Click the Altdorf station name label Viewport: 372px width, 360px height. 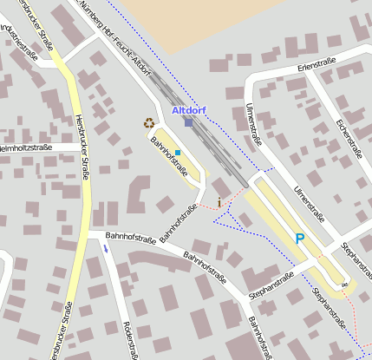click(x=189, y=110)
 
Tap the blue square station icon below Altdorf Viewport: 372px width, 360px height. click(x=188, y=122)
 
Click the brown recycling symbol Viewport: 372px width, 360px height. click(x=149, y=123)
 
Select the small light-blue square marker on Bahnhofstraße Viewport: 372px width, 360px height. click(x=178, y=153)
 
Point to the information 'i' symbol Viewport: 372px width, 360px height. click(x=219, y=202)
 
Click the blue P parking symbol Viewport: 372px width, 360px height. click(x=300, y=239)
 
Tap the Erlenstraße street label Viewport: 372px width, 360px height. click(x=316, y=65)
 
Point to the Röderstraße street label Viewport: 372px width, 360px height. click(x=133, y=339)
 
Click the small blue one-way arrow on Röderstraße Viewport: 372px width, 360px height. click(x=107, y=249)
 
